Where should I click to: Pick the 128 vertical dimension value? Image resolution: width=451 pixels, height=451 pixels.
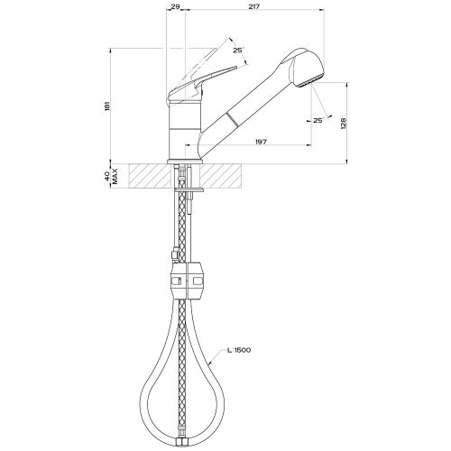[343, 124]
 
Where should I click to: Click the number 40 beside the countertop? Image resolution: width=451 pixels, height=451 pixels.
[106, 175]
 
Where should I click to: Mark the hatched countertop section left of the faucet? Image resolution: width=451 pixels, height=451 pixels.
[149, 175]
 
